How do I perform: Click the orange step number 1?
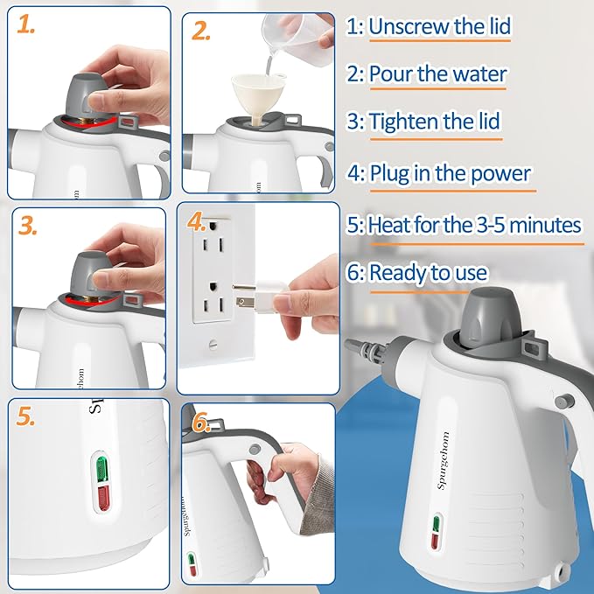27,27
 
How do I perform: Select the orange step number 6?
202,423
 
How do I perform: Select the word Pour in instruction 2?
391,73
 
